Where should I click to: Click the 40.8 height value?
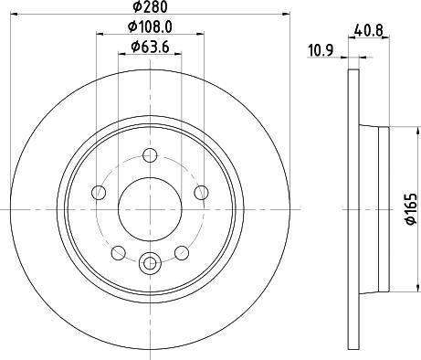(369, 29)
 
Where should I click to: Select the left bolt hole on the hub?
(100, 191)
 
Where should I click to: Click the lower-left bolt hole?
(118, 252)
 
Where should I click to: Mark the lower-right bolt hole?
(181, 252)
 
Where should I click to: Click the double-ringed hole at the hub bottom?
(150, 262)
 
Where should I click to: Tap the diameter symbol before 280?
(135, 9)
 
